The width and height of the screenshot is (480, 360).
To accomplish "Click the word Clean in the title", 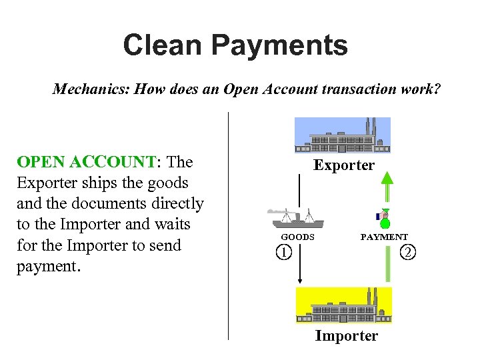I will pos(161,46).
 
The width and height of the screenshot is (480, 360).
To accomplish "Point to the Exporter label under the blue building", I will pos(344,165).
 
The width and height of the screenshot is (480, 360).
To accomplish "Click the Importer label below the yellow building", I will pos(346,336).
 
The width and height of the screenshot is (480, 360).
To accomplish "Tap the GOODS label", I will pos(297,237).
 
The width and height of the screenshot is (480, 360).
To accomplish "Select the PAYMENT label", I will pos(384,237).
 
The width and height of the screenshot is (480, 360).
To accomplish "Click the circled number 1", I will pos(284,253).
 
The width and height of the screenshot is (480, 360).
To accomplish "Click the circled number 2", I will pos(408,252).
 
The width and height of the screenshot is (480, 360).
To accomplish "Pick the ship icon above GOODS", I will pos(295,218).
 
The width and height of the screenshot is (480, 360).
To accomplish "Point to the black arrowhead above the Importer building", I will pos(300,281).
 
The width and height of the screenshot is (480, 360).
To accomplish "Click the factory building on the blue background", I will pos(343,135).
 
